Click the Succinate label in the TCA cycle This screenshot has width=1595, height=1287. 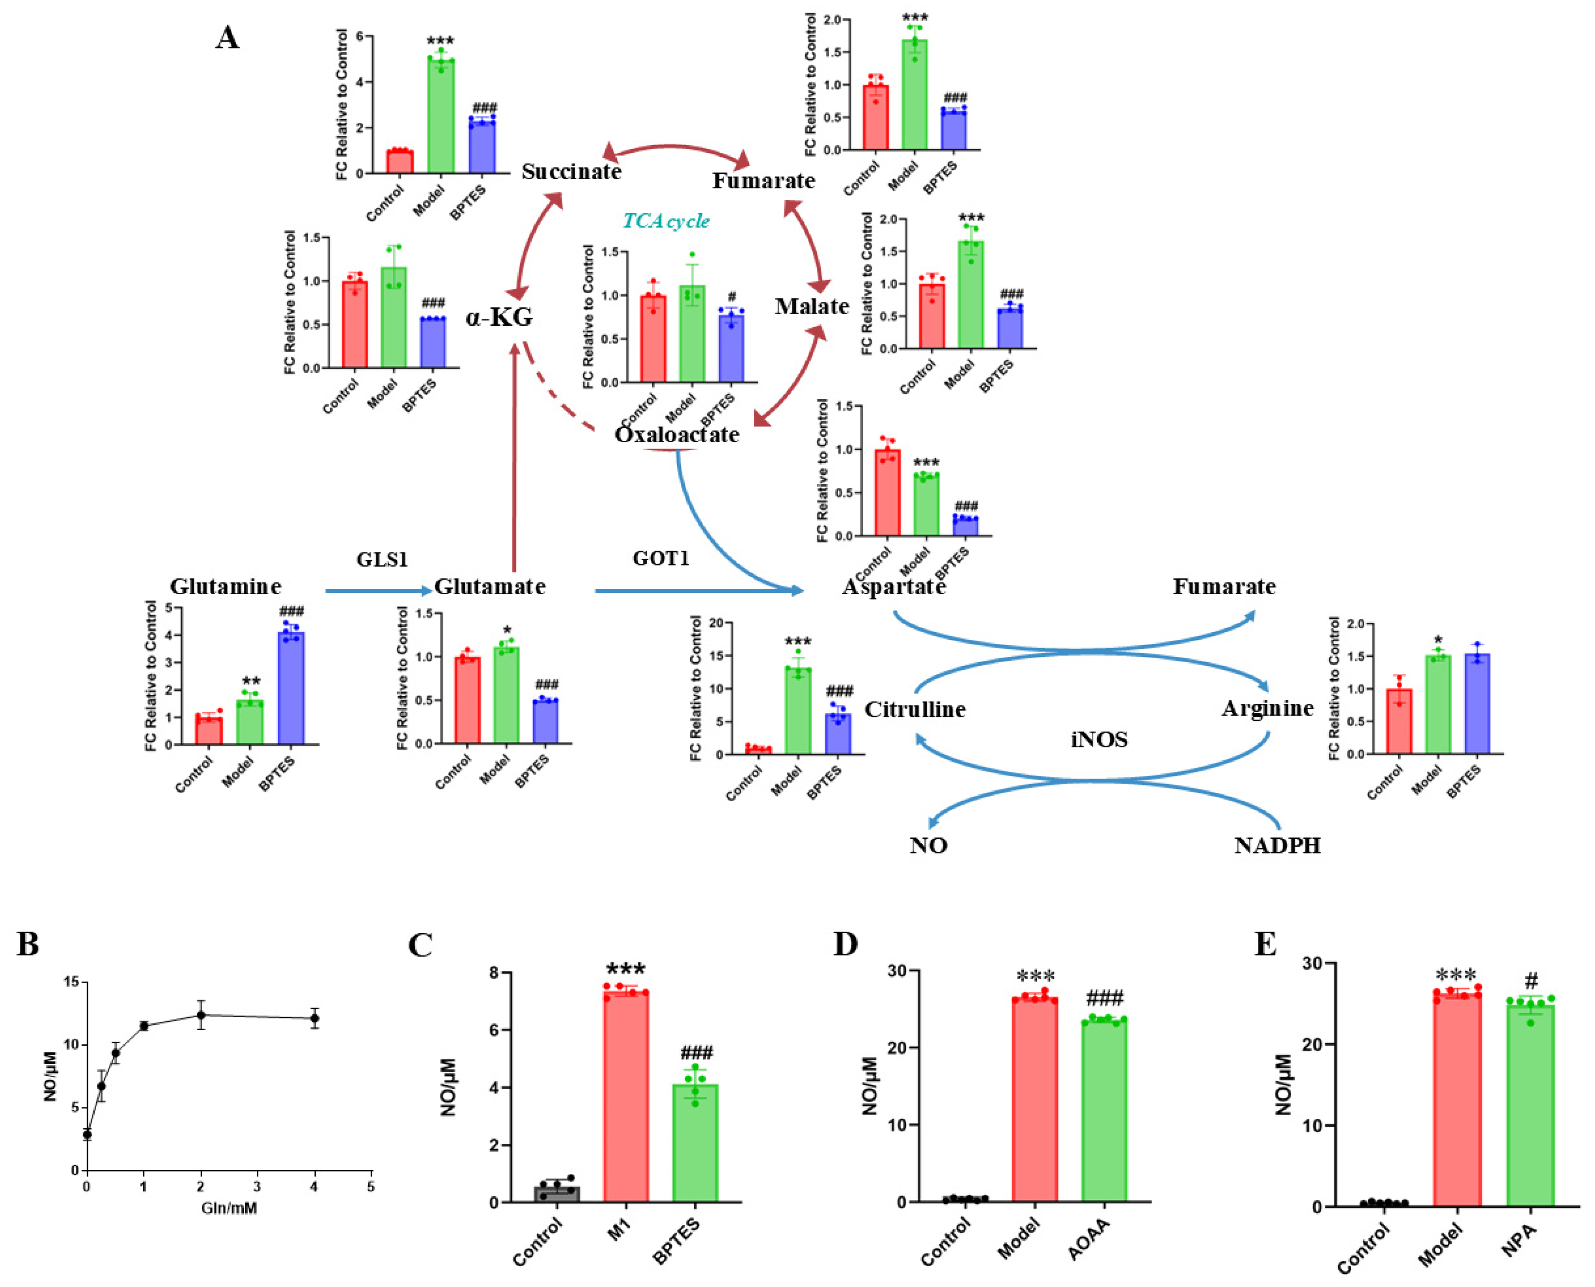point(571,172)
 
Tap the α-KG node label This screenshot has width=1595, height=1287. point(499,318)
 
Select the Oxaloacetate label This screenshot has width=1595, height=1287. point(676,435)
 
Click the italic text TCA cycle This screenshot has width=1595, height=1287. point(666,221)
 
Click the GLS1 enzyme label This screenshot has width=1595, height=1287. point(382,559)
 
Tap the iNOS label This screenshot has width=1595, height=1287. point(1099,739)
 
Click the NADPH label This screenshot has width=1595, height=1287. point(1277,846)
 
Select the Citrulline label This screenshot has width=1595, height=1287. point(915,709)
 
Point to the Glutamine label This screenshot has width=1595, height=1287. point(225,586)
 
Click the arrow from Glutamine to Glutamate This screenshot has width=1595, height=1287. point(378,591)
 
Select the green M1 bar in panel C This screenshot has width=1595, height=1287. point(625,1097)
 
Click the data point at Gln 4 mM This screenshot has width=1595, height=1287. point(314,1018)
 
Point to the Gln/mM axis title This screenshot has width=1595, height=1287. point(229,1208)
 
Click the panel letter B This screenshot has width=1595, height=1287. point(28,945)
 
